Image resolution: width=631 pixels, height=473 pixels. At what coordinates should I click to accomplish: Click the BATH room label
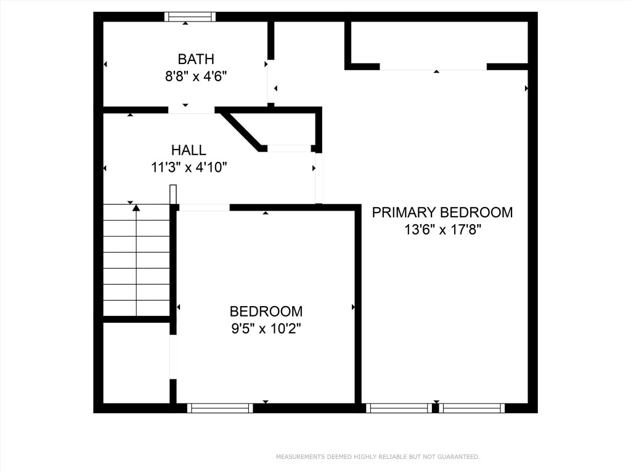coord(196,59)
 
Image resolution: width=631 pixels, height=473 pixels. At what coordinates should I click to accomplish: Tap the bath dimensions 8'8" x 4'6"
coord(196,78)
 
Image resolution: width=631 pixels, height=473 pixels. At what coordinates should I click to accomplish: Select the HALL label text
coord(189,150)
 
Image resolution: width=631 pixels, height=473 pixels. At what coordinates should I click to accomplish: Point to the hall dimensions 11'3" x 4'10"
coord(189,168)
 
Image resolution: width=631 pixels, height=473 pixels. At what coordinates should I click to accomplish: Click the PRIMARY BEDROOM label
coord(442,212)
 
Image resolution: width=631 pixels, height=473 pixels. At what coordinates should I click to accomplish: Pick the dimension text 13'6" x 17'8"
coord(442,230)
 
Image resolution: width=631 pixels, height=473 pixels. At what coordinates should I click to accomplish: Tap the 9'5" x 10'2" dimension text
coord(266,329)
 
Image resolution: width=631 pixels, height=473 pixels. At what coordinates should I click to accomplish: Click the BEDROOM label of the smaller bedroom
coord(266,312)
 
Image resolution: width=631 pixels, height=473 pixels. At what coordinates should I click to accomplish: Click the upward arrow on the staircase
coord(136,209)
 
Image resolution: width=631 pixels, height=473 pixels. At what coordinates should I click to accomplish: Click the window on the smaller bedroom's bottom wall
coord(220,408)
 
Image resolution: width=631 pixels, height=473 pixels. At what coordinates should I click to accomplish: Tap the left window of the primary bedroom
coord(399,408)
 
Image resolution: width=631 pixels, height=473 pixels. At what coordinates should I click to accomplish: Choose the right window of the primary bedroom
coord(472,408)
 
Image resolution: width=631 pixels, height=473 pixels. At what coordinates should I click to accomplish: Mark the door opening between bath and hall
coord(191,110)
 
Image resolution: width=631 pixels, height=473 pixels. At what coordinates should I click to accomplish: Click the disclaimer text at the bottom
coord(377,457)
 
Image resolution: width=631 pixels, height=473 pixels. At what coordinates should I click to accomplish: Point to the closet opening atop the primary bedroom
coord(433,67)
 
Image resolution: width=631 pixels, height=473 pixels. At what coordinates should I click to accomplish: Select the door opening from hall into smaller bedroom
coord(204,208)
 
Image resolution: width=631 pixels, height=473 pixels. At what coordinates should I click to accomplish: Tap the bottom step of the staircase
coord(136,308)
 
